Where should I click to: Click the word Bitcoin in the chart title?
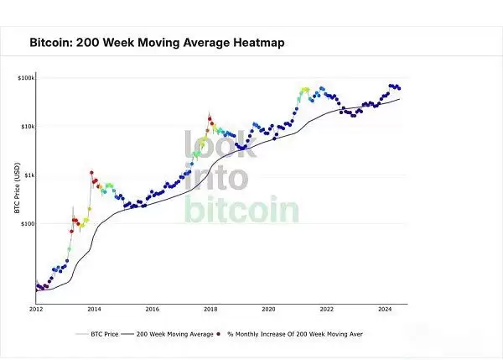point(52,41)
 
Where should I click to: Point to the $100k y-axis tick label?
point(24,78)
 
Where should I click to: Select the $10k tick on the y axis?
point(25,127)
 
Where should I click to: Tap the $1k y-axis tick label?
point(27,175)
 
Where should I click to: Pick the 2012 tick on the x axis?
point(35,309)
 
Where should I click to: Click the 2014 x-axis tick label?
point(94,309)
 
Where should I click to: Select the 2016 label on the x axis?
point(152,309)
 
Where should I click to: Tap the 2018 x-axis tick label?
point(210,309)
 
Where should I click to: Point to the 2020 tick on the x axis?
point(268,309)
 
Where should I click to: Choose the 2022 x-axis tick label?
point(326,309)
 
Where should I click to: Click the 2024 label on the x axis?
point(385,309)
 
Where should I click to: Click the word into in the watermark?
point(216,178)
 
